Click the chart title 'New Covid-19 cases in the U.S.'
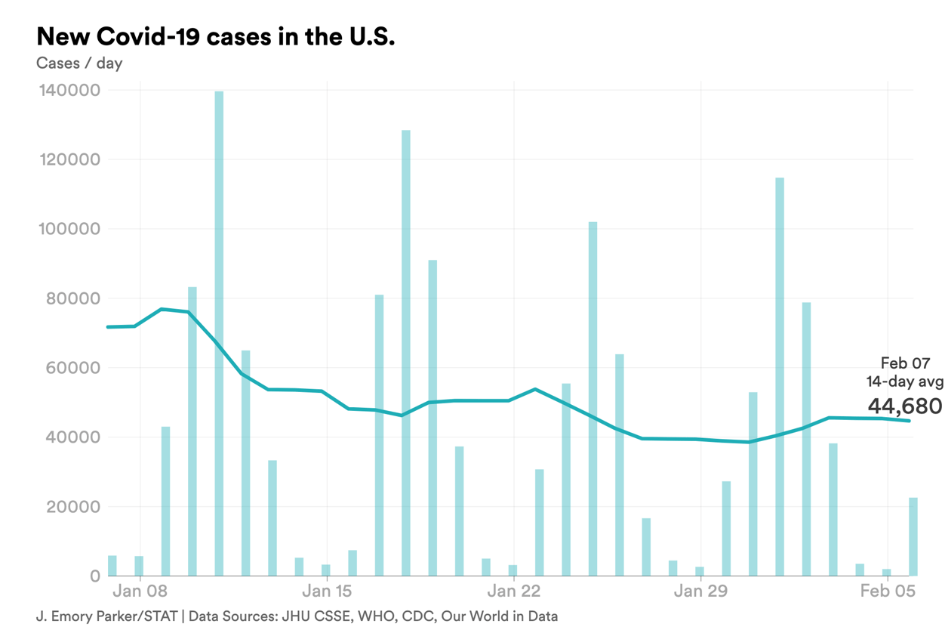(216, 36)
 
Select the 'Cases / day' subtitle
(79, 63)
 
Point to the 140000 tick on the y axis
(68, 91)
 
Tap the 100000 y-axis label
(68, 230)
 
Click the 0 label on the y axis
(94, 576)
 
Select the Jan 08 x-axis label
(142, 591)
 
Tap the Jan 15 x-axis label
(327, 591)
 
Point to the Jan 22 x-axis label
(513, 591)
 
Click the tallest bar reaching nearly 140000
(219, 332)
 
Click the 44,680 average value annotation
(904, 406)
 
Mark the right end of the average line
(910, 421)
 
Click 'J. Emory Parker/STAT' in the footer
(106, 616)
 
